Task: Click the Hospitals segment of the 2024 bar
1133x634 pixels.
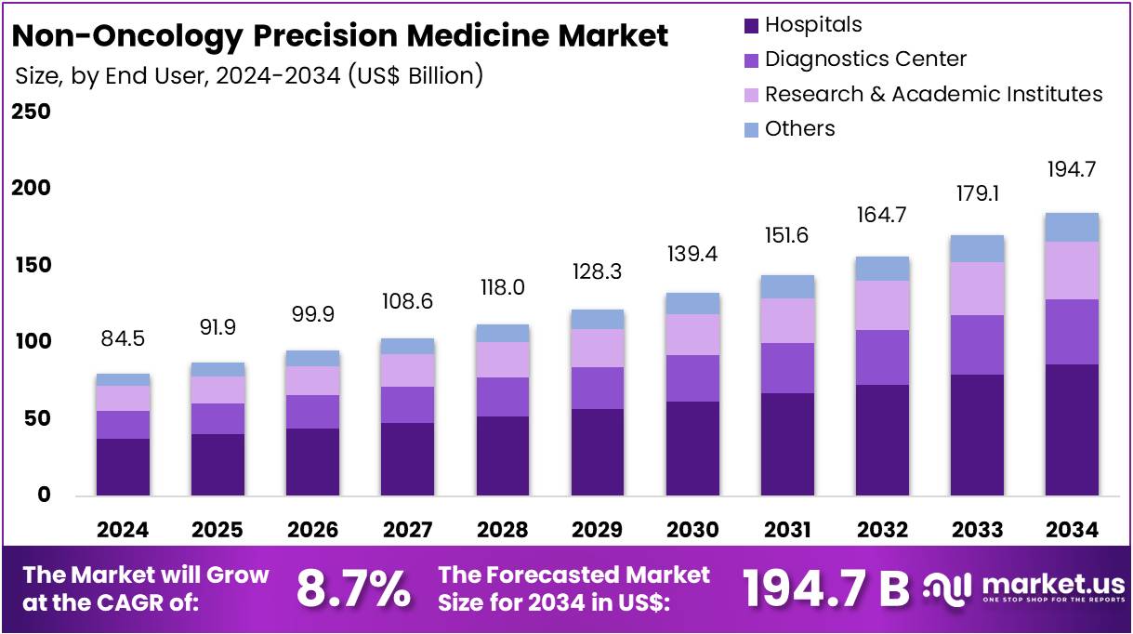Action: click(x=123, y=467)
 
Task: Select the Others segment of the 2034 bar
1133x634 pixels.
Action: click(x=1072, y=227)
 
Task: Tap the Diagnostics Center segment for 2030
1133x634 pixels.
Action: click(x=692, y=378)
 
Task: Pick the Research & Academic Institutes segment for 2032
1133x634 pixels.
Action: click(x=882, y=305)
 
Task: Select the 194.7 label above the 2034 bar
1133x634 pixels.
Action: click(x=1072, y=170)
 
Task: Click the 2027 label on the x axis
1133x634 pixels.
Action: click(x=407, y=530)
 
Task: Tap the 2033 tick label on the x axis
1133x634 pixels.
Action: click(x=977, y=530)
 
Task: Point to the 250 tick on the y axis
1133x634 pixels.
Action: click(x=31, y=112)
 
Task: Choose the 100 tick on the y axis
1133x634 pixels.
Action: click(x=31, y=342)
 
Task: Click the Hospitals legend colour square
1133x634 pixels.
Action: click(x=751, y=25)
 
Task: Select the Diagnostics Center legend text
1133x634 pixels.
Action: click(x=865, y=59)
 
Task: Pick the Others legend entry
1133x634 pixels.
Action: click(x=799, y=129)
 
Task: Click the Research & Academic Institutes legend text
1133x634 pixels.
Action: click(x=933, y=94)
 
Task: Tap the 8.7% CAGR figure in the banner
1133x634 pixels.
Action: click(x=353, y=588)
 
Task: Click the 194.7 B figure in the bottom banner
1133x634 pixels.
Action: click(x=826, y=588)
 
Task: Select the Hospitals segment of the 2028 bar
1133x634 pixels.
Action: click(x=502, y=456)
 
